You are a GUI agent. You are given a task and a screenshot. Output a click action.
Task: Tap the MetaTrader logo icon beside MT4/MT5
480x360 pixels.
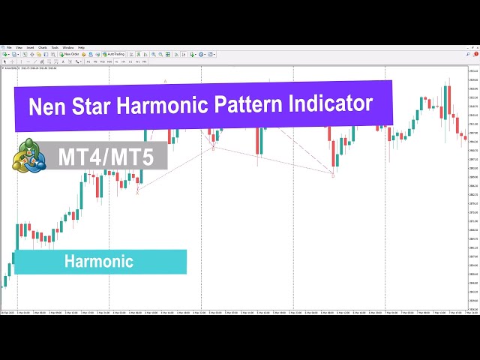28,155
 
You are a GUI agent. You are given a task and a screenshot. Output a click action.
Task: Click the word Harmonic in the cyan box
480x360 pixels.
98,262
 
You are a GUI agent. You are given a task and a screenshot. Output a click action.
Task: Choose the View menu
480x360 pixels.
19,47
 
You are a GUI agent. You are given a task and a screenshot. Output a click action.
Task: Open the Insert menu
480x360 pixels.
31,47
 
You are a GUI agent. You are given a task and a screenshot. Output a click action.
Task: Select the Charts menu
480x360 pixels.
43,47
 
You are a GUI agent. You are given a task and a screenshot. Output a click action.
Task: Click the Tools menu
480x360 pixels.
55,47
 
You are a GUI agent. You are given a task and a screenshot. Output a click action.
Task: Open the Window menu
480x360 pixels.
68,47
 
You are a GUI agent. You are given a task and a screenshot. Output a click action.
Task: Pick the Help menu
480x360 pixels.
82,47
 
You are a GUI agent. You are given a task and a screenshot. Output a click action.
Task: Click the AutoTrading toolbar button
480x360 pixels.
115,54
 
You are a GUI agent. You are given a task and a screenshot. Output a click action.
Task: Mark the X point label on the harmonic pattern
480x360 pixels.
137,192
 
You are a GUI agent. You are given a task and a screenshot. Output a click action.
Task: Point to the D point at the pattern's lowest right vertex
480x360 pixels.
333,175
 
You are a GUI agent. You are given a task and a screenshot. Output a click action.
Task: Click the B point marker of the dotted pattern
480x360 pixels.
213,148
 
